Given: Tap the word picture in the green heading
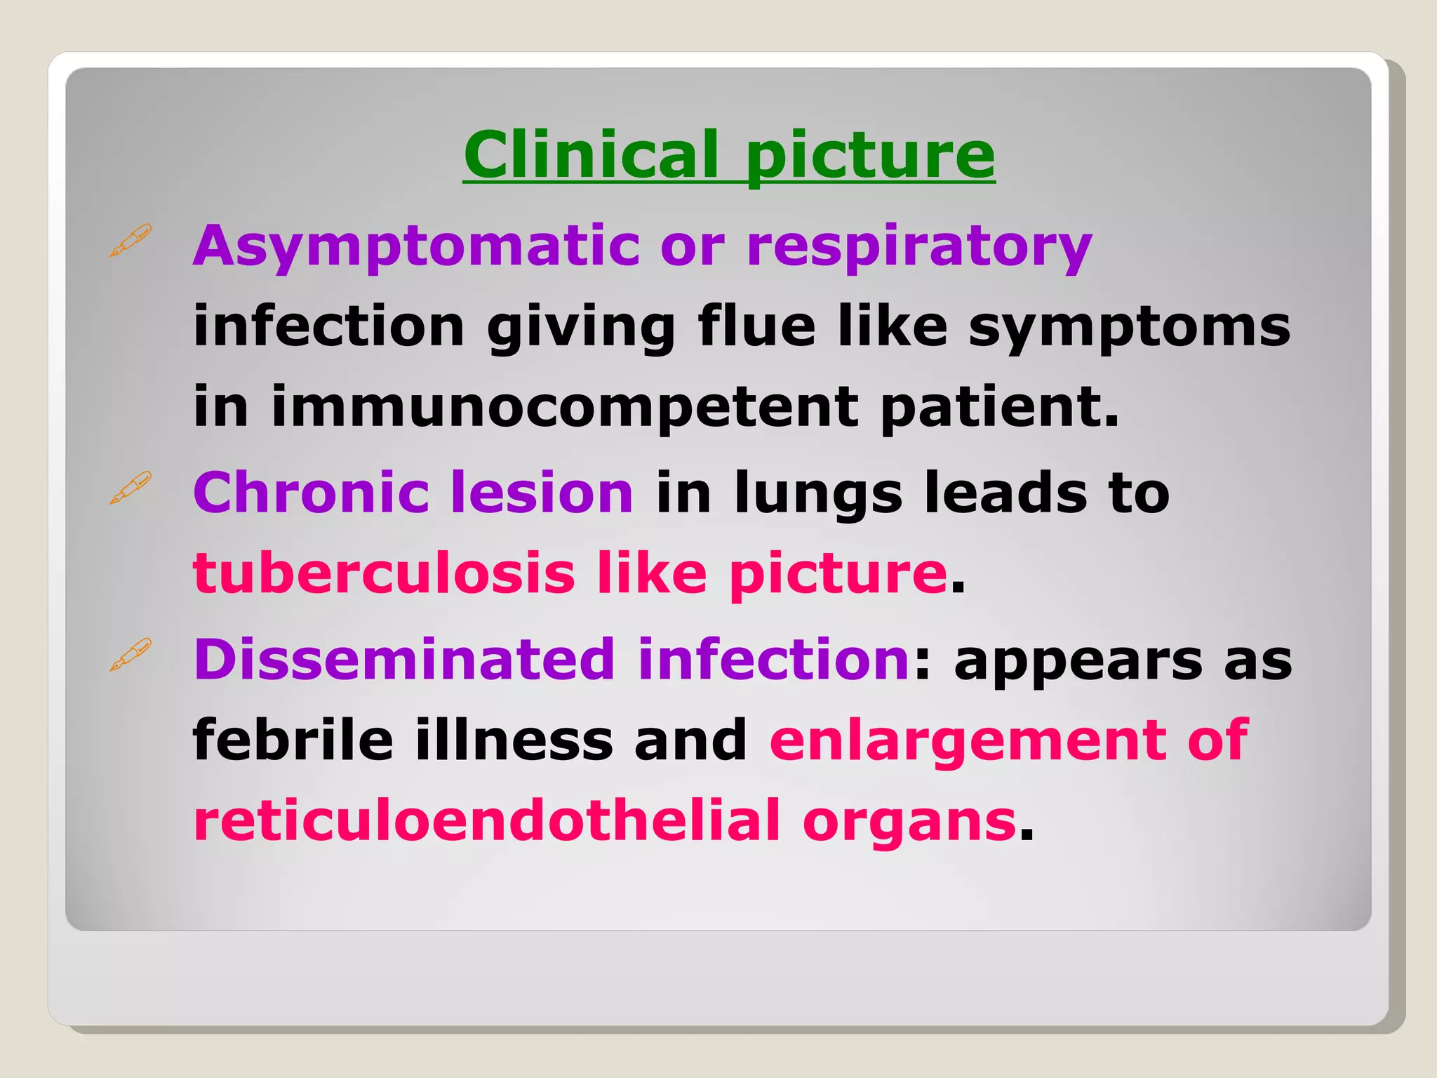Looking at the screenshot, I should tap(870, 156).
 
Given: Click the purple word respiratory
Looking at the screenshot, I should tap(919, 247).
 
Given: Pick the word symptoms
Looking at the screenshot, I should tap(1129, 328).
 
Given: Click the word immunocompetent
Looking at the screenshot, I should tap(565, 408).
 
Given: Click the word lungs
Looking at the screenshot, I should tap(818, 494).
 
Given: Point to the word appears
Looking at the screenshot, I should tap(1078, 662).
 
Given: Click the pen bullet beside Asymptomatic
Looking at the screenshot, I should tap(131, 241).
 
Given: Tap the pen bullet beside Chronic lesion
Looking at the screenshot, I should tap(131, 488).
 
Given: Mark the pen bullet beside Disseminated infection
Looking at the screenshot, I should tap(131, 655).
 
